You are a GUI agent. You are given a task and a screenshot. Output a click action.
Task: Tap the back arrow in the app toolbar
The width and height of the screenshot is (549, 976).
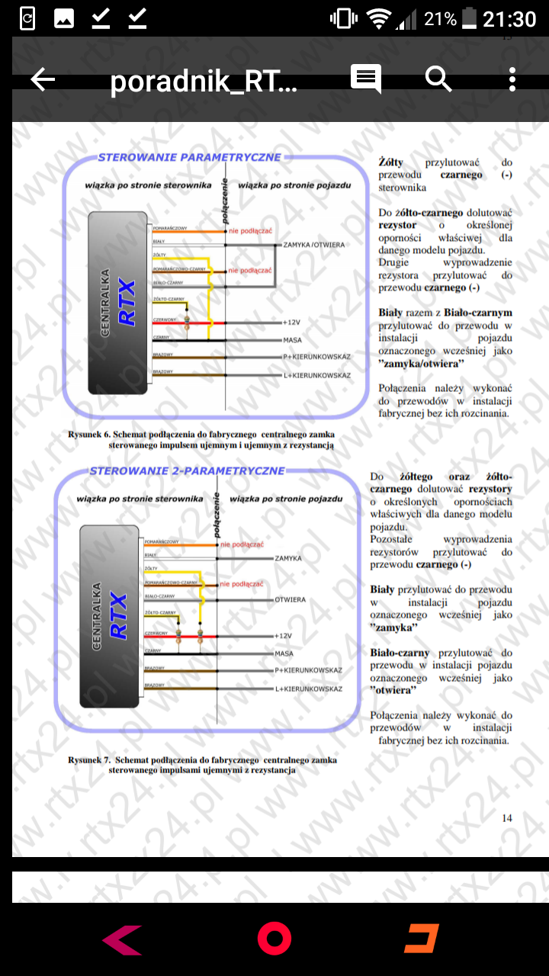[43, 79]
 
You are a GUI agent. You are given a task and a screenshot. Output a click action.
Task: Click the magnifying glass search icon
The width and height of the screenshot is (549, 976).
[438, 79]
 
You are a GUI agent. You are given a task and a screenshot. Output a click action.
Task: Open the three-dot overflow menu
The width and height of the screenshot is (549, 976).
[512, 79]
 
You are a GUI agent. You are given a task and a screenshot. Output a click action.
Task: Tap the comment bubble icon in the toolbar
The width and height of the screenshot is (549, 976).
[366, 79]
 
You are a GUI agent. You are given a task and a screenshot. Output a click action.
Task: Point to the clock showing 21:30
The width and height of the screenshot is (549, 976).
[510, 18]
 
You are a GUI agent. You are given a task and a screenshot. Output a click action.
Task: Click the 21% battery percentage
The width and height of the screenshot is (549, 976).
[441, 19]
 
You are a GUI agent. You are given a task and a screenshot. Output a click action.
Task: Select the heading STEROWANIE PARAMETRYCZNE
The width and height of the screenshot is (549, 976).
[189, 158]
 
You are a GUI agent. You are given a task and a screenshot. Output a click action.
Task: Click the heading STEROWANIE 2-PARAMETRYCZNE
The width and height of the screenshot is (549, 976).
[188, 470]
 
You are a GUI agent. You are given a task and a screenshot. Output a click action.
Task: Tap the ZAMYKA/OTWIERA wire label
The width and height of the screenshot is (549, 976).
[314, 245]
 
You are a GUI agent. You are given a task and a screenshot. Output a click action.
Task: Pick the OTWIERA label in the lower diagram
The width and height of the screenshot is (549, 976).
[291, 600]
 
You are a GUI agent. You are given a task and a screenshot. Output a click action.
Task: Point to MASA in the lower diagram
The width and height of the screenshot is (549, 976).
[285, 653]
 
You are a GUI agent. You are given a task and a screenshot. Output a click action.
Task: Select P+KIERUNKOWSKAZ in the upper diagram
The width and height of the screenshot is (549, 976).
[316, 357]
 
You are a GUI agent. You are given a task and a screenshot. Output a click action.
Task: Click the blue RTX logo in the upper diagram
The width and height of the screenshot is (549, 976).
[127, 303]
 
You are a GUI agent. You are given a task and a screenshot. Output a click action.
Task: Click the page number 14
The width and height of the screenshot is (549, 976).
[507, 818]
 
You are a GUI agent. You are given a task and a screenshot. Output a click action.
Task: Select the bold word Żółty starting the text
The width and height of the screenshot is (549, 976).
[391, 162]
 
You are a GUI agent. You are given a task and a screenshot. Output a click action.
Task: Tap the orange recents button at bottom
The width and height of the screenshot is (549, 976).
[421, 939]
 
